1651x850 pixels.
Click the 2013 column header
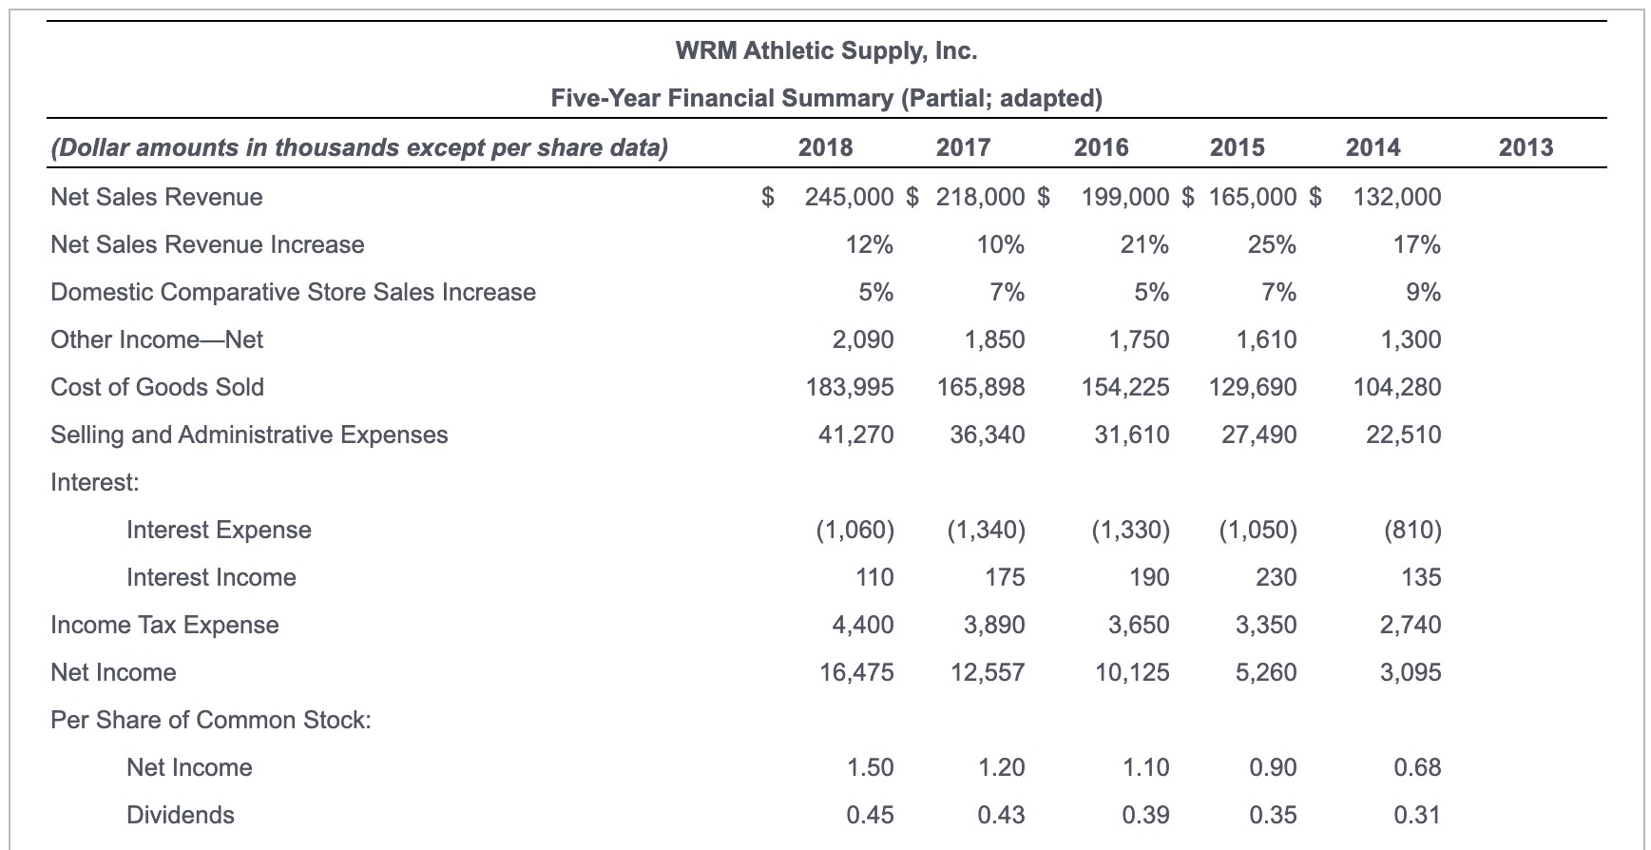point(1525,147)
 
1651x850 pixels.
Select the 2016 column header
point(1101,147)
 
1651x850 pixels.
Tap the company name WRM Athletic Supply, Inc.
point(826,51)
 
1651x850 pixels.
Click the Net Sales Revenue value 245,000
point(849,198)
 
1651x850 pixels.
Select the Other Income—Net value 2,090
point(862,340)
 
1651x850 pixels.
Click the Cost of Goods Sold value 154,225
point(1125,388)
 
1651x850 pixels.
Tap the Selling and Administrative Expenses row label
point(249,435)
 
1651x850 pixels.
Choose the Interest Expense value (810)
point(1413,531)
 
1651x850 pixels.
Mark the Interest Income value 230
point(1277,578)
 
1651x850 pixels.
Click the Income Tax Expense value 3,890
point(994,626)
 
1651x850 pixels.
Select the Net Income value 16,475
point(855,673)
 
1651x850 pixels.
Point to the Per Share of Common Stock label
point(210,721)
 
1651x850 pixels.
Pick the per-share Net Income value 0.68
point(1416,768)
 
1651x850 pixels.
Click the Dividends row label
point(181,816)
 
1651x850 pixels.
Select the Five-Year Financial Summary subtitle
point(826,99)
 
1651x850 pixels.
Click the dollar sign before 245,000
point(769,198)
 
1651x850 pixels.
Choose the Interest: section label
point(95,483)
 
